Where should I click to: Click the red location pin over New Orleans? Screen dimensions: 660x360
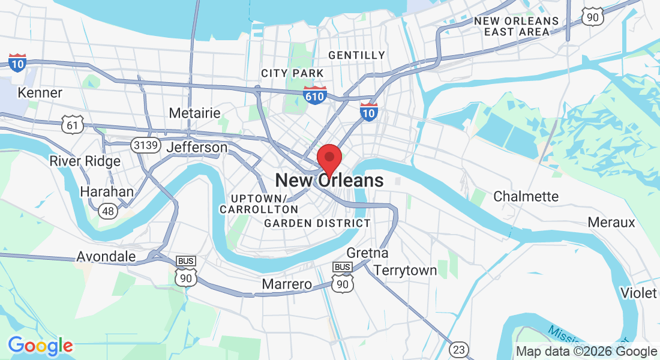pos(329,158)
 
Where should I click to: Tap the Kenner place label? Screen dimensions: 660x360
pos(40,93)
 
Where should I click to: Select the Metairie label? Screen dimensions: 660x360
pos(194,113)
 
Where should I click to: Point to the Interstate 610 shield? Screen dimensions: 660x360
pos(315,95)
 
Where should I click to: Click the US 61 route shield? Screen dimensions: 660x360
pos(71,125)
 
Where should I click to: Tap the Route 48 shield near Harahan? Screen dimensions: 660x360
pos(109,211)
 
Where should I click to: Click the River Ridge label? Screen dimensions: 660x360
pos(85,161)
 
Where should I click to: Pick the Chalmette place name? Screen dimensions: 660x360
pos(526,196)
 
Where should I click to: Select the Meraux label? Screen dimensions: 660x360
pos(611,222)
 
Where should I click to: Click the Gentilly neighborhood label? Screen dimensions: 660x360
pos(356,55)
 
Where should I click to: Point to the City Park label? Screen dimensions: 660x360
pos(292,73)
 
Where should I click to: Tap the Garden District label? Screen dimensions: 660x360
pos(317,223)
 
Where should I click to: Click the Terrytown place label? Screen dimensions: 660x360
pos(405,271)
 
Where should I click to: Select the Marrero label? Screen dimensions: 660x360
pos(287,284)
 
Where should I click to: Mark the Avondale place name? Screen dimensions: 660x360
pos(106,257)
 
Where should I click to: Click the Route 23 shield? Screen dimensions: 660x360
pos(460,349)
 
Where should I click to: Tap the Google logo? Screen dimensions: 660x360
pos(40,346)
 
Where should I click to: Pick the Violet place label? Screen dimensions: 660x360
pos(639,293)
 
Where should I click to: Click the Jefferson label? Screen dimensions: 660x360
pos(197,148)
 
